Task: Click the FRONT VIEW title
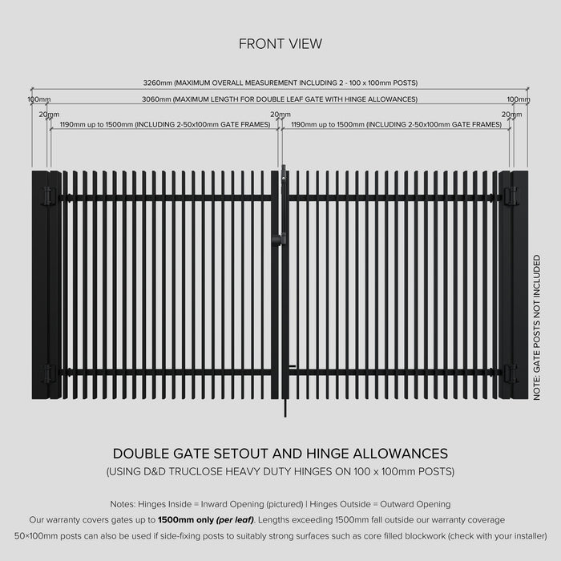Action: click(280, 43)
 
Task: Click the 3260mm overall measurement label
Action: click(280, 83)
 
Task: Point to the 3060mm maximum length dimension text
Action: click(280, 99)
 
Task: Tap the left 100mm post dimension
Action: click(38, 99)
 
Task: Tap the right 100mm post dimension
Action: click(519, 99)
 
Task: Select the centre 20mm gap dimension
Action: click(280, 115)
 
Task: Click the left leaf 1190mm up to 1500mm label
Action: click(164, 125)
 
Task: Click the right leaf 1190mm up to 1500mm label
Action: click(396, 125)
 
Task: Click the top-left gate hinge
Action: click(49, 196)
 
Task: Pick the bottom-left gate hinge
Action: click(49, 373)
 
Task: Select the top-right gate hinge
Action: click(511, 196)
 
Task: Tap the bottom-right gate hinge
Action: click(511, 373)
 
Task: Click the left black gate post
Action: click(39, 285)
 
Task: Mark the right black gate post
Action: click(520, 285)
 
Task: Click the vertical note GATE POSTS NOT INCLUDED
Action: click(537, 328)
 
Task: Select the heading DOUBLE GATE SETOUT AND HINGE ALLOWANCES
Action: click(280, 454)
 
